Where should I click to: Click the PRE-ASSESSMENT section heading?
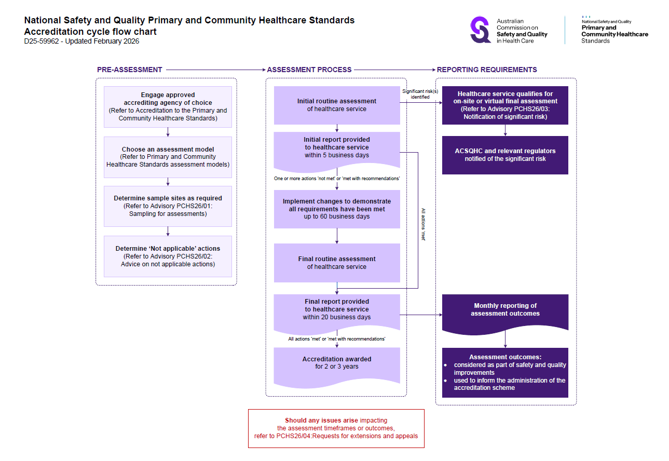[129, 70]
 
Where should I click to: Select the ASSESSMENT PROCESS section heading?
[309, 70]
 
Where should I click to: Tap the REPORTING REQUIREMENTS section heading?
[486, 70]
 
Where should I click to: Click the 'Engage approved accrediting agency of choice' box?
[168, 106]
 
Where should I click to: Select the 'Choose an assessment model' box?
[168, 157]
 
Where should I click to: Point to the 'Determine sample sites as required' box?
[168, 206]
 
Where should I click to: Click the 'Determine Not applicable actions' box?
[168, 256]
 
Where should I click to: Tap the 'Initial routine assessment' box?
[337, 105]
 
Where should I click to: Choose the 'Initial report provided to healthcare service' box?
[337, 148]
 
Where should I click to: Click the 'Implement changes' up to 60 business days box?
[337, 209]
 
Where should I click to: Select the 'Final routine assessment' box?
[337, 263]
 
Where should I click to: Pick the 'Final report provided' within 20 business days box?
[337, 310]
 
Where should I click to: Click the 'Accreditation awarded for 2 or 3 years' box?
[337, 363]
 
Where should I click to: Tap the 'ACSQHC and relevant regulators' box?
[505, 155]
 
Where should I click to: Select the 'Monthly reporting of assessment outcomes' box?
[505, 310]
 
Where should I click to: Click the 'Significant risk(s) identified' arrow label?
[420, 94]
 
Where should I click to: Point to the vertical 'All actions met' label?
[423, 225]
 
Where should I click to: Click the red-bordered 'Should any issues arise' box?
[336, 428]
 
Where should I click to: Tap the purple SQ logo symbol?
[480, 30]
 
